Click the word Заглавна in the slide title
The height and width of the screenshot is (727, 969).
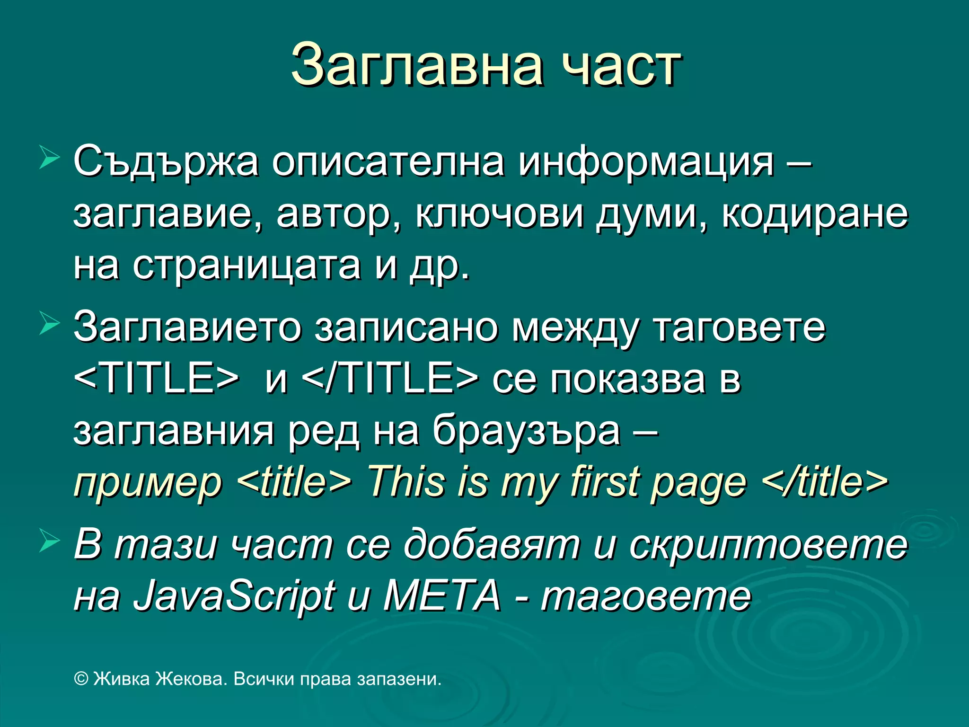[x=417, y=65]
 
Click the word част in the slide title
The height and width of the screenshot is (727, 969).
[x=621, y=66]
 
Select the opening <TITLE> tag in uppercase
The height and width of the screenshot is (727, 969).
[x=157, y=379]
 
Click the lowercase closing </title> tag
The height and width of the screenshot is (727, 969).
[x=825, y=482]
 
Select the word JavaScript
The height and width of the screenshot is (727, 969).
[x=234, y=596]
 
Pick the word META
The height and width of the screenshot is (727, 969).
[x=442, y=595]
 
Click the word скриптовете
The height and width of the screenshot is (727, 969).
[x=768, y=544]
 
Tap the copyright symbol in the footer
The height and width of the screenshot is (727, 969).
[x=81, y=679]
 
